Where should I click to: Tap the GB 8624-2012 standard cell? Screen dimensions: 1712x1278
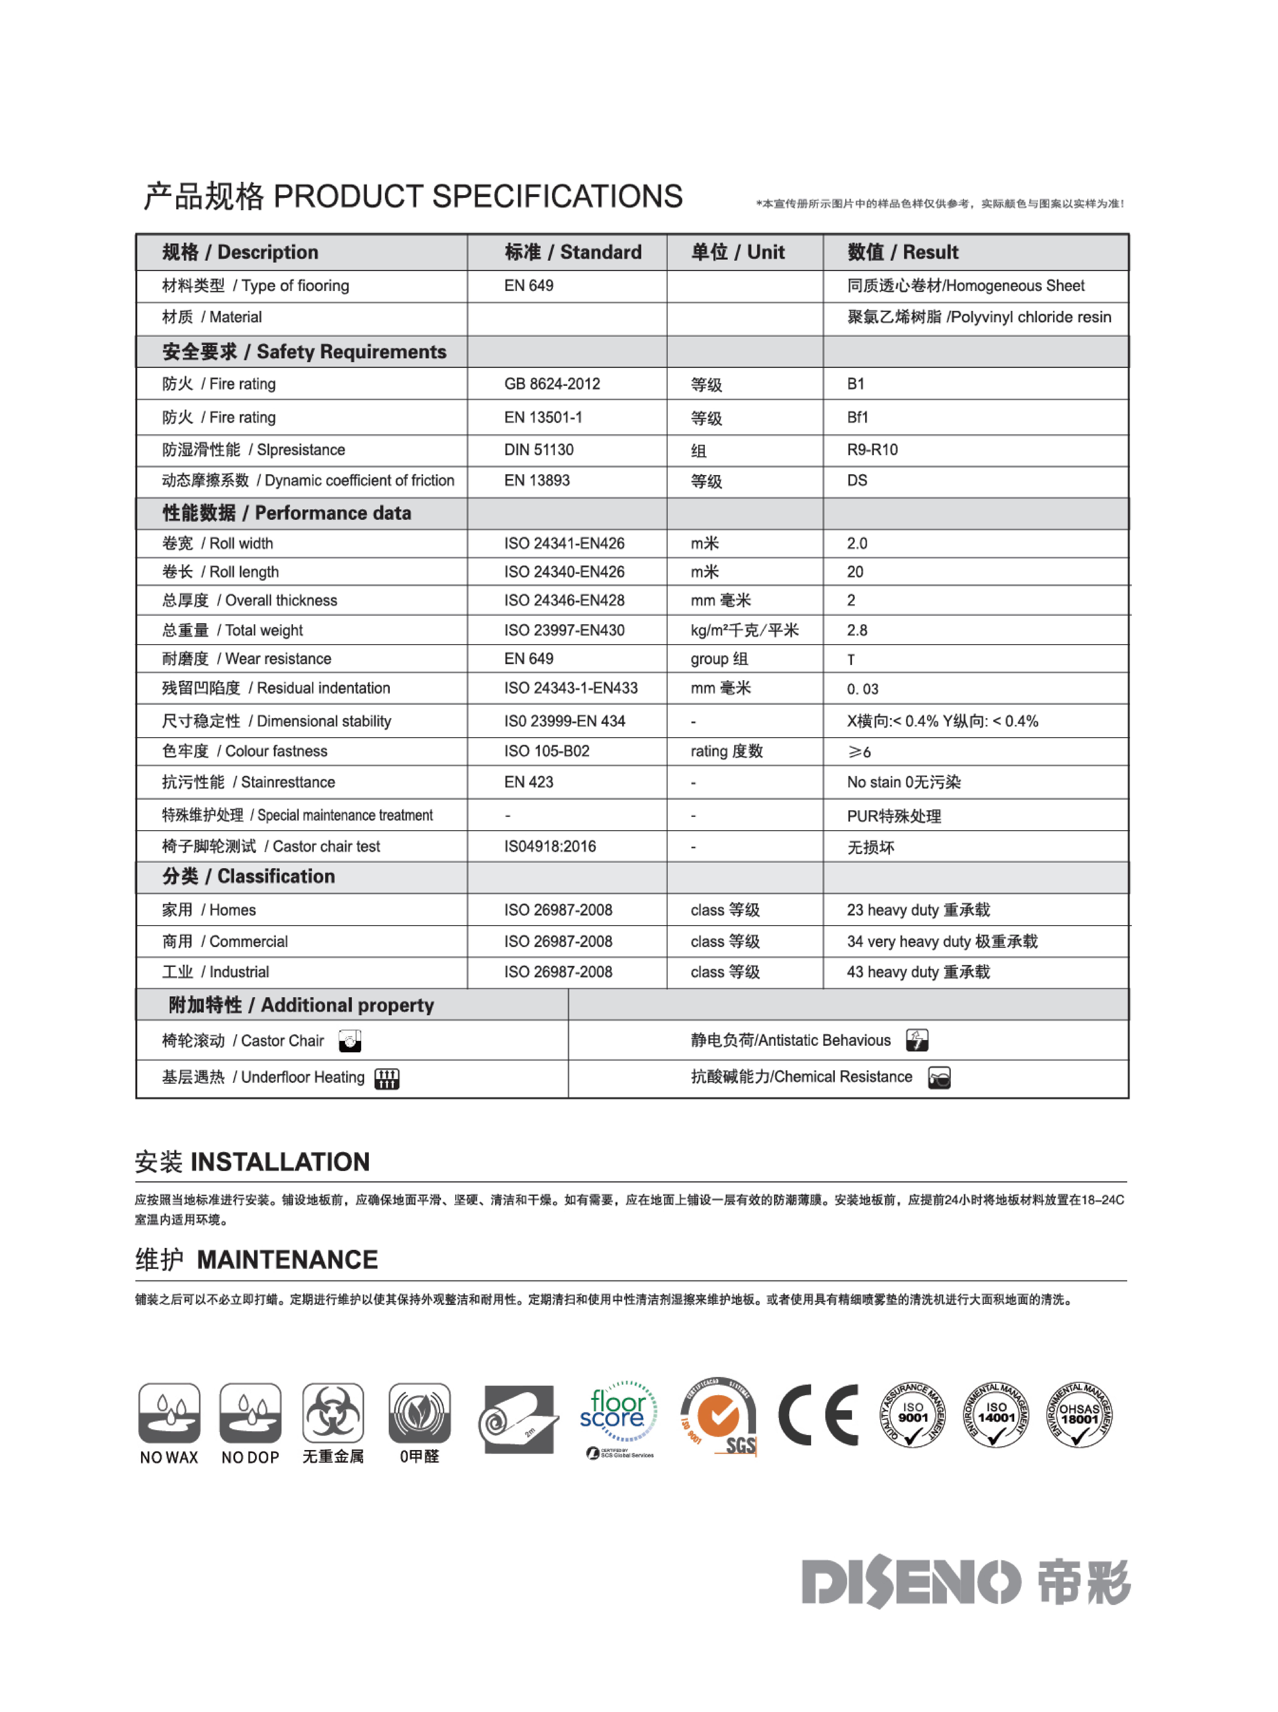552,384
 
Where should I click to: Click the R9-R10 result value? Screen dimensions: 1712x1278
872,450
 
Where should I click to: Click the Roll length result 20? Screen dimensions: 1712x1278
855,572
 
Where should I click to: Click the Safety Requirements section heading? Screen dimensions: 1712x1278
304,352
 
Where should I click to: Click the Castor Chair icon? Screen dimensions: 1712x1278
350,1041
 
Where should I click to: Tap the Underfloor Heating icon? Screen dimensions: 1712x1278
387,1078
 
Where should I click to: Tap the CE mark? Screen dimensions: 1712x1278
819,1415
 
